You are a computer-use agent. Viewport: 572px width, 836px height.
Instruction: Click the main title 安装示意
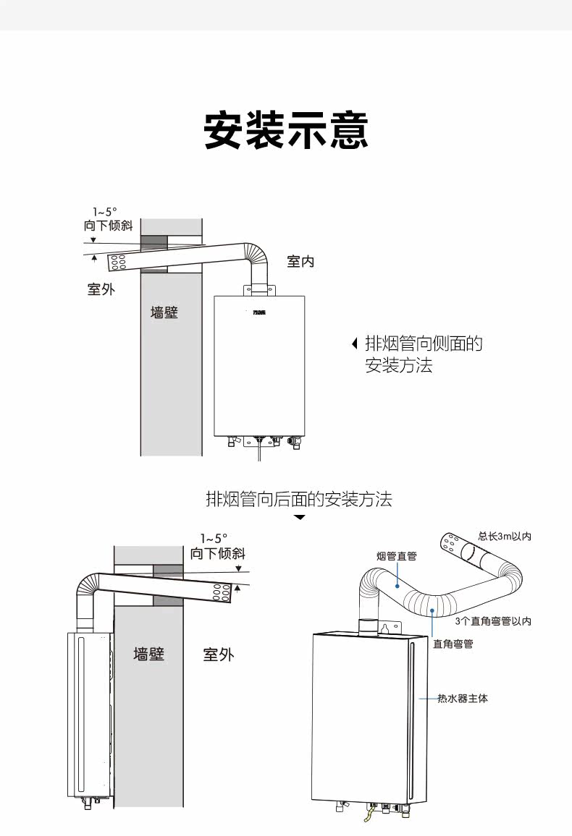click(x=286, y=130)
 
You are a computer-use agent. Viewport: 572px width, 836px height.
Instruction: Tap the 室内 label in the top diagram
click(x=300, y=261)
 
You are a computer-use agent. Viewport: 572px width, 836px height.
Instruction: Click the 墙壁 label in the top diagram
click(x=164, y=313)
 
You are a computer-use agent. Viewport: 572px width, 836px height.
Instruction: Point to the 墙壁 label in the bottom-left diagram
click(x=148, y=654)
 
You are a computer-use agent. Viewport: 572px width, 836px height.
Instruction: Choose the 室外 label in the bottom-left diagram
click(x=219, y=655)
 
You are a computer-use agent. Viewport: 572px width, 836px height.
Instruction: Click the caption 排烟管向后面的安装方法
click(x=299, y=498)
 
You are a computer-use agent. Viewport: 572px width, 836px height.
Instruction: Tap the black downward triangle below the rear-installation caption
click(x=300, y=518)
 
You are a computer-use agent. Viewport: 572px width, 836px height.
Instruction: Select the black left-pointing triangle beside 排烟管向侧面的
click(x=354, y=344)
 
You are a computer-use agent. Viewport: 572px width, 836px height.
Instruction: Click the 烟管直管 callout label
click(x=397, y=556)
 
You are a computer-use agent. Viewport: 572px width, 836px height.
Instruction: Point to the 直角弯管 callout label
click(x=453, y=644)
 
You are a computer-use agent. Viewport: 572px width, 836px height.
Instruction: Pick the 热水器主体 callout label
click(x=463, y=699)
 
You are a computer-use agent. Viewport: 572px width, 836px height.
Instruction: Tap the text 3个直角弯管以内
click(x=493, y=621)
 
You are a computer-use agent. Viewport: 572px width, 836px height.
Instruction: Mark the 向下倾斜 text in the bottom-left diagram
click(x=218, y=554)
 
